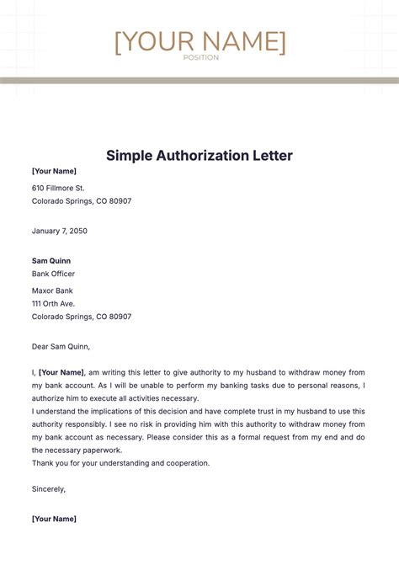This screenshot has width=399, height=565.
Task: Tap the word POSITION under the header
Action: [199, 57]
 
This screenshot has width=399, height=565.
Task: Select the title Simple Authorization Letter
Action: [199, 156]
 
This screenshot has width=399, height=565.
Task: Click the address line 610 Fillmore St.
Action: [58, 188]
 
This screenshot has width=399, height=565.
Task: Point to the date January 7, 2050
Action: [60, 231]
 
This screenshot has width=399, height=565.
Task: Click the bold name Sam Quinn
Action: [51, 260]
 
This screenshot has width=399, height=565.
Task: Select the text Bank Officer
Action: [53, 274]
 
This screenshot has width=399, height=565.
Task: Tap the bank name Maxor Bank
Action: [53, 290]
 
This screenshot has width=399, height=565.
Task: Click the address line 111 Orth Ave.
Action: [53, 303]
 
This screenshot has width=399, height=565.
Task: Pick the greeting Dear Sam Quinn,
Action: [61, 345]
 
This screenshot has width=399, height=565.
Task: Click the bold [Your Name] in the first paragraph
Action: [61, 372]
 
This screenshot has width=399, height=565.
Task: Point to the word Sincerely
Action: [48, 488]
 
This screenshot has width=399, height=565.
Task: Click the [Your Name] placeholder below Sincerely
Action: [54, 518]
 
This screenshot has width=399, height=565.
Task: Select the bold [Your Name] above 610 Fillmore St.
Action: [54, 171]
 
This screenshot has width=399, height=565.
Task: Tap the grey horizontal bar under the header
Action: [199, 81]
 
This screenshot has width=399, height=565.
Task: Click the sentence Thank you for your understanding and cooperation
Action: [120, 463]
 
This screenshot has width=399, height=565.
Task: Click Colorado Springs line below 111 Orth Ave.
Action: [82, 317]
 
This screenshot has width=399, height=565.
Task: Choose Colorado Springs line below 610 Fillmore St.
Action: [82, 201]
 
